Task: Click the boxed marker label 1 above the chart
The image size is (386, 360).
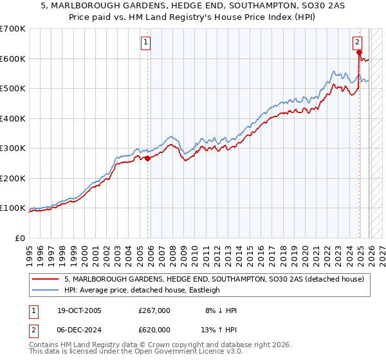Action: pyautogui.click(x=147, y=43)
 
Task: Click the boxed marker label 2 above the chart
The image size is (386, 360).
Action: pyautogui.click(x=357, y=43)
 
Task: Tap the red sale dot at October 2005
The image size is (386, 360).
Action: pyautogui.click(x=148, y=158)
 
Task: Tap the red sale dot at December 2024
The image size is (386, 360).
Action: pyautogui.click(x=359, y=53)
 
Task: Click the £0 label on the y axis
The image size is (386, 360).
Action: pyautogui.click(x=20, y=238)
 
